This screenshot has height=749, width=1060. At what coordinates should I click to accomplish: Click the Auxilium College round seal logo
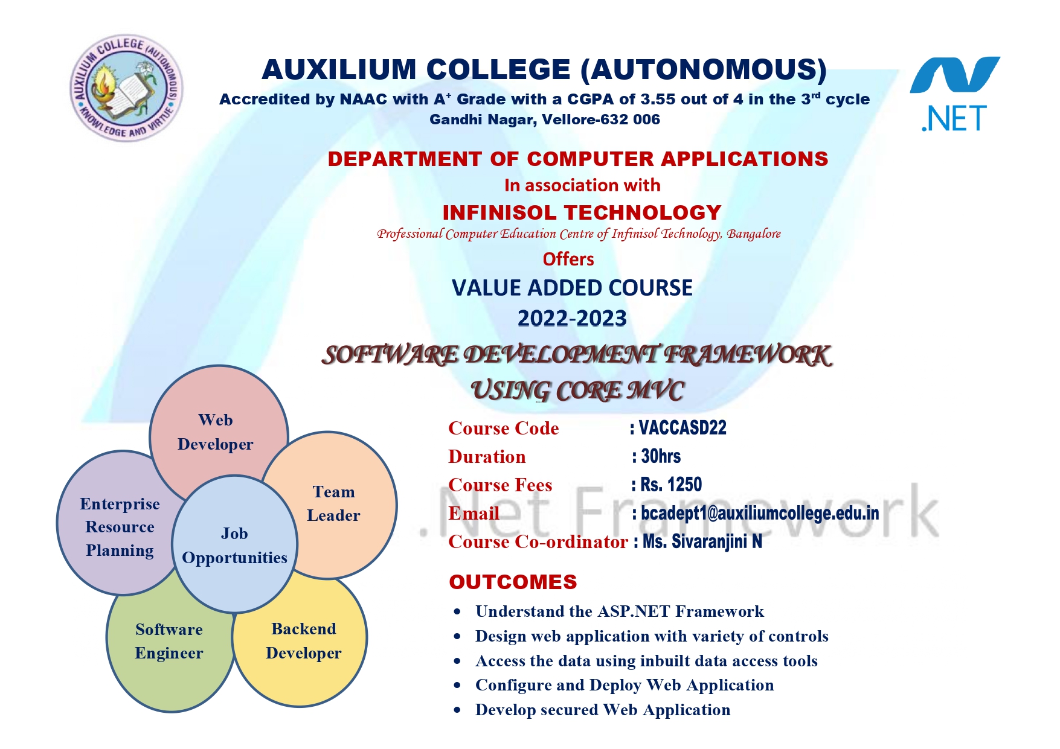127,88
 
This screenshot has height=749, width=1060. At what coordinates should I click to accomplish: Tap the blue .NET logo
955,94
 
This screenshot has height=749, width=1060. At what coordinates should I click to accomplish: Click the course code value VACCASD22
683,428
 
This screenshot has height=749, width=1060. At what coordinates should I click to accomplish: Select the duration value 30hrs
661,456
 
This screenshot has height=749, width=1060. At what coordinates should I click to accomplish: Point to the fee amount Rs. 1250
671,485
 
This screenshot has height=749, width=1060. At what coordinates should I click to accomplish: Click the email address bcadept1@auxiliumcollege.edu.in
760,513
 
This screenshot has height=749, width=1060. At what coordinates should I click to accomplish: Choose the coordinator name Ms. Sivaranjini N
702,541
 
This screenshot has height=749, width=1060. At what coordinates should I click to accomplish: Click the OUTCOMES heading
513,582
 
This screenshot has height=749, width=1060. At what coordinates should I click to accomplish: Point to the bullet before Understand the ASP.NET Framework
457,612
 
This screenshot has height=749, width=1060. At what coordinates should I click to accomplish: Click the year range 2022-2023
572,318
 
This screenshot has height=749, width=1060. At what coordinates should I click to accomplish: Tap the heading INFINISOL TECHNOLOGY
582,212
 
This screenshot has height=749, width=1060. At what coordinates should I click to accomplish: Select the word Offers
568,259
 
